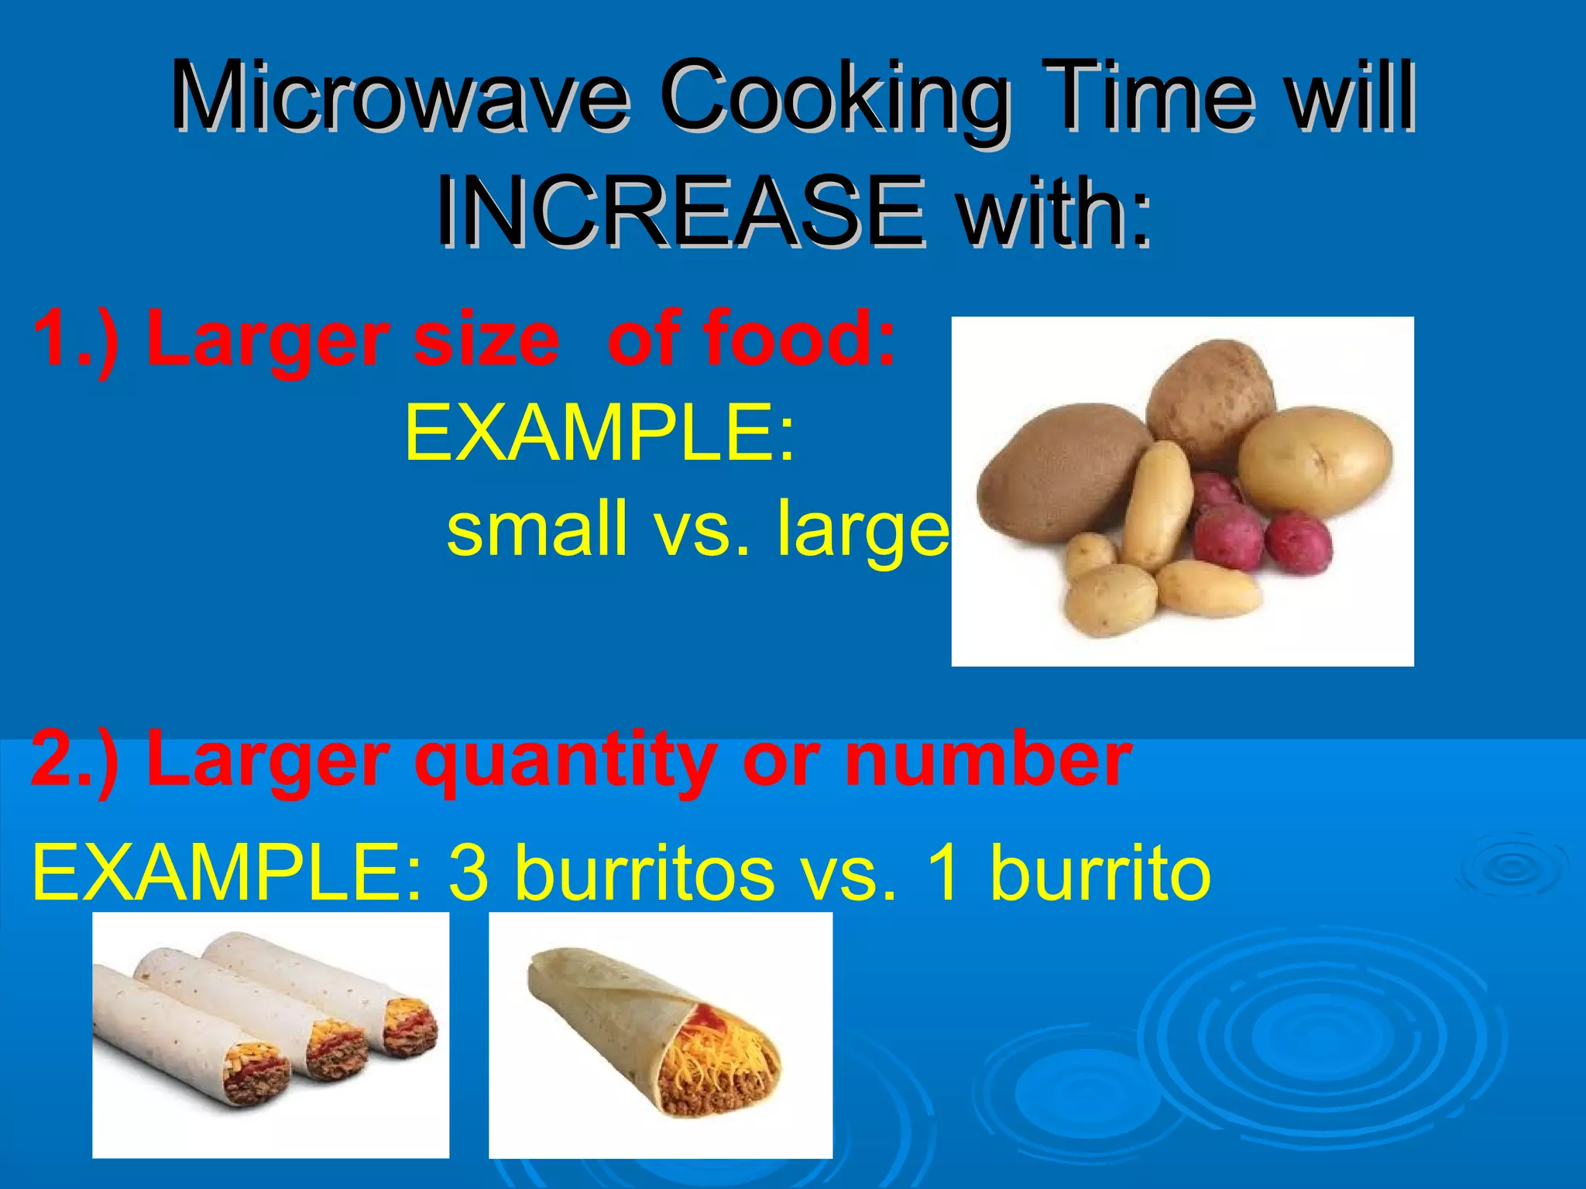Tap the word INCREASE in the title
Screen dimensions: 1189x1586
(680, 212)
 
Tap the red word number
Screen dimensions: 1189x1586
(988, 760)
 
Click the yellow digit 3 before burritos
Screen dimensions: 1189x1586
(469, 873)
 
